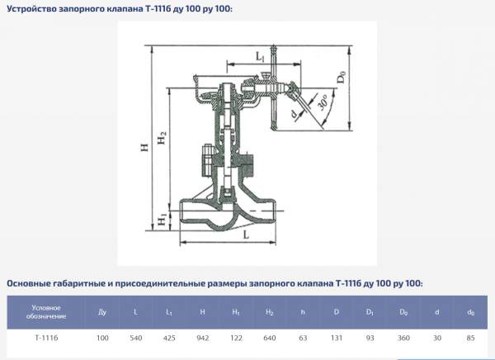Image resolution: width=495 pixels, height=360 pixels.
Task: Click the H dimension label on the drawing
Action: point(144,147)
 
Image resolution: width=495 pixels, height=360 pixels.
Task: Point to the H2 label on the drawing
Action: point(162,138)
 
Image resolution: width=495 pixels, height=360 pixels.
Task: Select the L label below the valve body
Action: point(246,234)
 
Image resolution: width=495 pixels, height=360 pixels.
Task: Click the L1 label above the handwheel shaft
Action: point(260,57)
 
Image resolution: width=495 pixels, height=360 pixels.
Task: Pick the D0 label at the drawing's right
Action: point(342,78)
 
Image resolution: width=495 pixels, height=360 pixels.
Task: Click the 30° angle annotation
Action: point(323,102)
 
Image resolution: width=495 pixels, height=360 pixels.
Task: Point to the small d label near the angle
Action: point(294,114)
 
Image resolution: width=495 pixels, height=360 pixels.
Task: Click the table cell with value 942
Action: point(203,339)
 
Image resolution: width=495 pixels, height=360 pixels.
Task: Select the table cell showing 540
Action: point(136,339)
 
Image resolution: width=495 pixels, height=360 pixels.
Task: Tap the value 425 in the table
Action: point(169,339)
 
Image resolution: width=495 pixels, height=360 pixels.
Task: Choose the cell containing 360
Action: point(403,339)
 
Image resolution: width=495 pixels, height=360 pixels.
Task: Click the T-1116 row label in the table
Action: point(46,338)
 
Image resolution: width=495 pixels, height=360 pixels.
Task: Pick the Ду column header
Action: point(102,312)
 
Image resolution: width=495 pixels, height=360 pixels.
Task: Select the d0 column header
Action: point(471,313)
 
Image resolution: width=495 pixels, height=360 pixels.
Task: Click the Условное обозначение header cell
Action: point(46,312)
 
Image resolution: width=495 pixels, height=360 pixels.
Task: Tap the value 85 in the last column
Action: point(470,339)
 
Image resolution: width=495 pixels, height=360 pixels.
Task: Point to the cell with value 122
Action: point(236,339)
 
